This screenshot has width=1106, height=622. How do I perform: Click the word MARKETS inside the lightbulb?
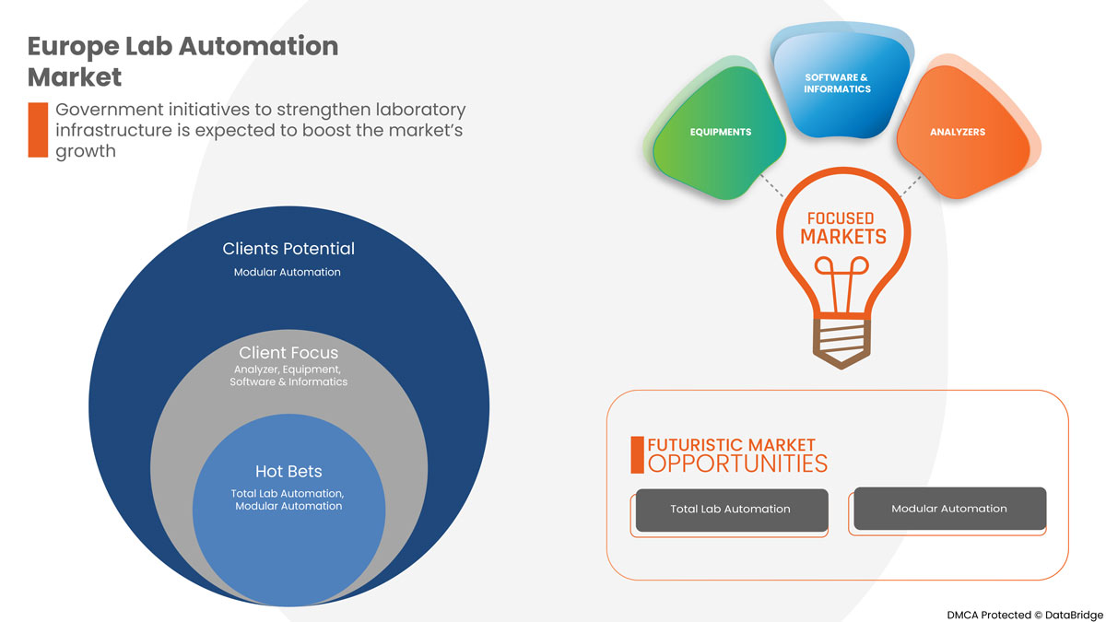(842, 237)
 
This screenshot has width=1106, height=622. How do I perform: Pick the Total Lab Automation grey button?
(730, 509)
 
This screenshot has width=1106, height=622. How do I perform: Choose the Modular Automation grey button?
(949, 508)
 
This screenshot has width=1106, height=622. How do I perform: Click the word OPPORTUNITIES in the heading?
(737, 463)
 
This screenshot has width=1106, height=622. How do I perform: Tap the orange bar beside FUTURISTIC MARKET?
(637, 454)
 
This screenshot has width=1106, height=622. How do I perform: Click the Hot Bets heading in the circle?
(288, 472)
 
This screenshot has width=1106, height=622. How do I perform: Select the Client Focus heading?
(288, 353)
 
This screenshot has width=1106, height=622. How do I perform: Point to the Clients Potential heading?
(288, 249)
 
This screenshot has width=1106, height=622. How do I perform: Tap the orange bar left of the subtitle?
(37, 130)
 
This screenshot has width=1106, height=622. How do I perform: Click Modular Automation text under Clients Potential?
(288, 272)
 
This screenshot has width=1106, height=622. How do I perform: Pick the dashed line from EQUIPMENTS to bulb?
(772, 185)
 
